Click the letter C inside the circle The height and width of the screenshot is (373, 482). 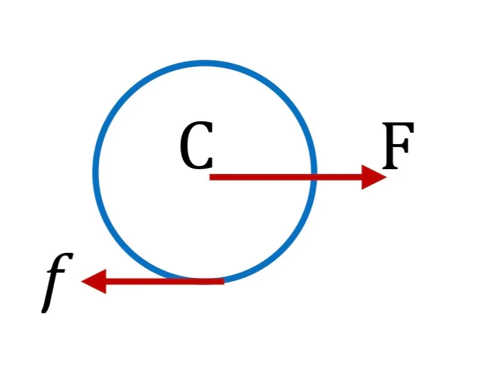point(196,145)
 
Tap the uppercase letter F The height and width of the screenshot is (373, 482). point(398,146)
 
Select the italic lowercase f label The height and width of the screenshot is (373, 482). point(57,283)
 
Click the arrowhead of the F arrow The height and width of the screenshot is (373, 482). point(374,177)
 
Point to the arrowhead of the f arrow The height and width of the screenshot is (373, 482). point(94,282)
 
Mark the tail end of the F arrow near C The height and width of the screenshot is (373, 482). point(210,177)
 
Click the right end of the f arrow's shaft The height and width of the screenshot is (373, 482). point(224,282)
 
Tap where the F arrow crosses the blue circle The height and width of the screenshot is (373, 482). point(314,177)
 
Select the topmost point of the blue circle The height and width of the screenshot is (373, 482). point(205,63)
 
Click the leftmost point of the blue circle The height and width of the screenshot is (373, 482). point(96,171)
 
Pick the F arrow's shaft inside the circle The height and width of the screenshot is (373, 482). point(260,177)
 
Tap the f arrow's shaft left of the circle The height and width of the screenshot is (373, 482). point(137,282)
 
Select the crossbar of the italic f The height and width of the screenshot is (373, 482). point(56,272)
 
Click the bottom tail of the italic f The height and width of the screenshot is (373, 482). point(45,309)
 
